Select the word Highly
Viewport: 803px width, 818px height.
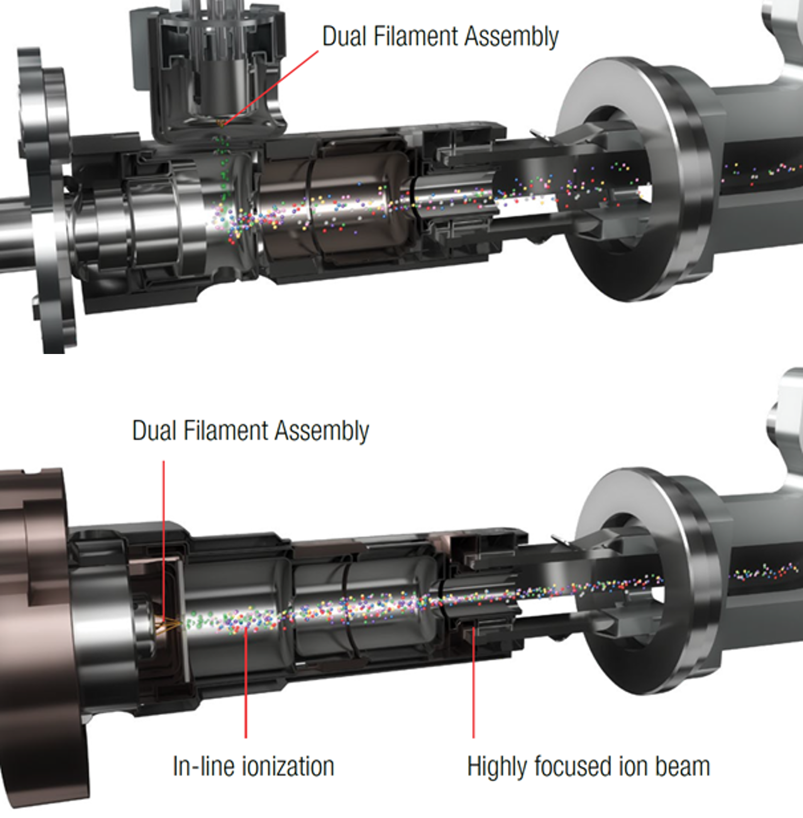(x=497, y=767)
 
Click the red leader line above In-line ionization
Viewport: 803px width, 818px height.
(x=246, y=683)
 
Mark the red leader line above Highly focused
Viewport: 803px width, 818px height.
(x=473, y=683)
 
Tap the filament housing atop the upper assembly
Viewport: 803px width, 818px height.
(x=209, y=69)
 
